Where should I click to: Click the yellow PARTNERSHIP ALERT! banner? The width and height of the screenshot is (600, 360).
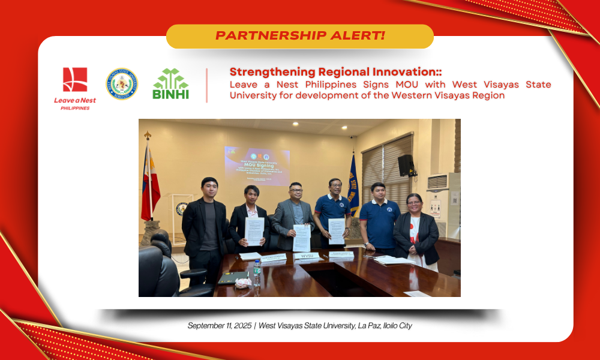coord(299,36)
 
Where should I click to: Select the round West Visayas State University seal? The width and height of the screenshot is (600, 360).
coord(122,84)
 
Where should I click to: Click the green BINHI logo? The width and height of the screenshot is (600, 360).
coord(171,84)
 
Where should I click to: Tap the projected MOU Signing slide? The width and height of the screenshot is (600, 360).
coord(257,165)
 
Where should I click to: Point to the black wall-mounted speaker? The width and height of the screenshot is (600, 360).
coord(406,165)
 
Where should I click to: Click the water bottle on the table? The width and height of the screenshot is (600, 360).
coord(257,273)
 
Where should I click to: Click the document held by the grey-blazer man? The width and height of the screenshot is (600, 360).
coord(301,238)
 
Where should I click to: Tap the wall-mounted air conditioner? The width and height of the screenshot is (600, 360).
coord(437,181)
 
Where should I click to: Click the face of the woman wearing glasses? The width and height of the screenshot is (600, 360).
coord(415,204)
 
